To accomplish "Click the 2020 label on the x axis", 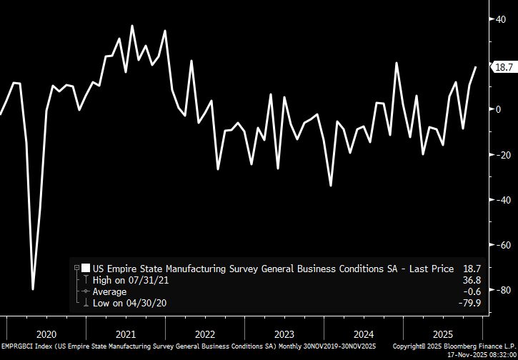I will (46, 334).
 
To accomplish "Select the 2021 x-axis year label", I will (126, 334).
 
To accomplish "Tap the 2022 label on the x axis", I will (205, 334).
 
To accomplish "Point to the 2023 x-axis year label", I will (284, 334).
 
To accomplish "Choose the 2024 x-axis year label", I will (364, 334).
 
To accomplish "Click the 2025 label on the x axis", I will (443, 334).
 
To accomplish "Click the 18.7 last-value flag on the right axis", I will (504, 67).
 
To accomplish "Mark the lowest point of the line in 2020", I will (33, 289).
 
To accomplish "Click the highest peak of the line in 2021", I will (132, 26).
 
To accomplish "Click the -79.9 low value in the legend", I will (471, 304).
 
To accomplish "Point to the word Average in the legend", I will (109, 292).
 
